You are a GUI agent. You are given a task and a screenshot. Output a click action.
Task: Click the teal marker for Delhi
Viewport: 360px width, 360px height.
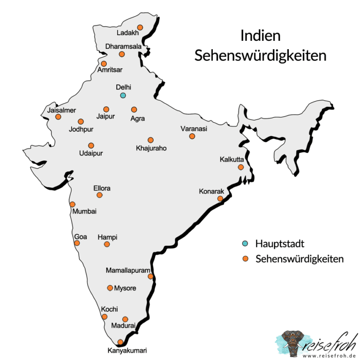(x=123, y=95)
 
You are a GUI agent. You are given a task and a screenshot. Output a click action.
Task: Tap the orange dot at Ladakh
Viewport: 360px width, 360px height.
(x=140, y=27)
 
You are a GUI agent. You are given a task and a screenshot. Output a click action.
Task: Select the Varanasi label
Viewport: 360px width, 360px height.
(x=194, y=128)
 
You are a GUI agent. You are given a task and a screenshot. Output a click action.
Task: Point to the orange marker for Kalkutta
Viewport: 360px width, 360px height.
(x=240, y=167)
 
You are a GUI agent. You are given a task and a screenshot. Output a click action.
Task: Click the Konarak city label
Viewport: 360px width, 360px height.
(x=212, y=191)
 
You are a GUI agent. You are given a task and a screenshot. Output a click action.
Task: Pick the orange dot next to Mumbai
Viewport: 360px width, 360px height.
(x=73, y=204)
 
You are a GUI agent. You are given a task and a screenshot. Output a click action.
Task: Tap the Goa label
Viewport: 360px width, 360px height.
(x=81, y=237)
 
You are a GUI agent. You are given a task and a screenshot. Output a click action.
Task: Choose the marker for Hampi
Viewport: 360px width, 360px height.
(x=107, y=244)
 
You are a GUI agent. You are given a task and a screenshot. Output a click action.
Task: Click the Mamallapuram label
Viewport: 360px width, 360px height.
(x=128, y=270)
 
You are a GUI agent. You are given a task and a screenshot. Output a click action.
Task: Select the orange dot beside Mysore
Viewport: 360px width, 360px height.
(x=110, y=288)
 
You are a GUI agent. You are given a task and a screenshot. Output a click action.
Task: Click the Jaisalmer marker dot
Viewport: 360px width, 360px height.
(x=58, y=117)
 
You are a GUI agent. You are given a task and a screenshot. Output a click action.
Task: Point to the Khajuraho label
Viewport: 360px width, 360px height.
(x=151, y=148)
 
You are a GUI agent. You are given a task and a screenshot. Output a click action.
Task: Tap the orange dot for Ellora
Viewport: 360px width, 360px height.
(x=99, y=195)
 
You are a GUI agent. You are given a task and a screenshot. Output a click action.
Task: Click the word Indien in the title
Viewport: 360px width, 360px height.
(x=260, y=36)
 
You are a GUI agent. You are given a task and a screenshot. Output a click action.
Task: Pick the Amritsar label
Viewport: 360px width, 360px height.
(x=110, y=70)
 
